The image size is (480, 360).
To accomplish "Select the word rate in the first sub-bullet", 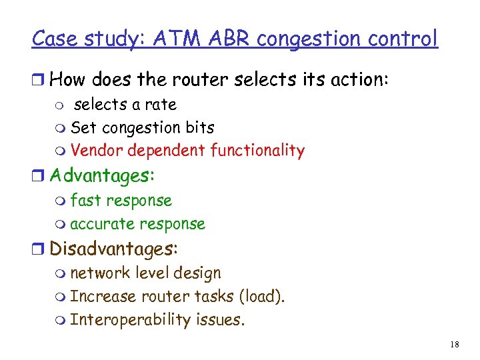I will pyautogui.click(x=161, y=105).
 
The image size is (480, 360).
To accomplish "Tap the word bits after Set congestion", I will pyautogui.click(x=199, y=127).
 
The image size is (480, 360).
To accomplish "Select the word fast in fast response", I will pyautogui.click(x=83, y=201).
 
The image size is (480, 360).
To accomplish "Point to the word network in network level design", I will pyautogui.click(x=99, y=273).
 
